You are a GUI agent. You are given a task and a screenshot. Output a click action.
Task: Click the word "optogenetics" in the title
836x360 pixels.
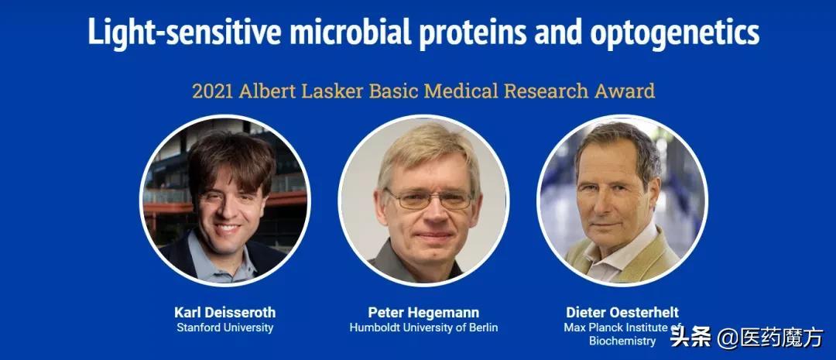pyautogui.click(x=674, y=33)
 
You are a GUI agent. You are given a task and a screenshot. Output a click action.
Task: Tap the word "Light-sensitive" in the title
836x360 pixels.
pyautogui.click(x=184, y=31)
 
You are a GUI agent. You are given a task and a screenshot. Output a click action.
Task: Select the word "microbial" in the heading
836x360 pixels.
pyautogui.click(x=351, y=31)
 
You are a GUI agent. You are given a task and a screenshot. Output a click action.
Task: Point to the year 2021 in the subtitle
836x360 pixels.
pyautogui.click(x=212, y=91)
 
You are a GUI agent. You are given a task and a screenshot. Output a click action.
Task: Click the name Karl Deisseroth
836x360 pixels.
pyautogui.click(x=225, y=313)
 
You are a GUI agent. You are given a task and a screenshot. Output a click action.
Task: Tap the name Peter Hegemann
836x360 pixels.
pyautogui.click(x=423, y=313)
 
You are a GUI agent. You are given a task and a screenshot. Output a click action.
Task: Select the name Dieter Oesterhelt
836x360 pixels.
pyautogui.click(x=622, y=313)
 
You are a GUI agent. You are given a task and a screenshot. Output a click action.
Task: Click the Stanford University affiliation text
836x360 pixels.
pyautogui.click(x=225, y=327)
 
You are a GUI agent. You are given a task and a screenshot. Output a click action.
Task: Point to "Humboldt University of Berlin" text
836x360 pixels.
pyautogui.click(x=423, y=327)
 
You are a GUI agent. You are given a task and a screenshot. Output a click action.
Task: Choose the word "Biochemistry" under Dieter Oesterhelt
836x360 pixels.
pyautogui.click(x=622, y=341)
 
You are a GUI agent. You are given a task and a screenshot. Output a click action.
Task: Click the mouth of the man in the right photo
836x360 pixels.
pyautogui.click(x=608, y=225)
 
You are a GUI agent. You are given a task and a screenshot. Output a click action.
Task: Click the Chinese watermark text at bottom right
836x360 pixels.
pyautogui.click(x=747, y=338)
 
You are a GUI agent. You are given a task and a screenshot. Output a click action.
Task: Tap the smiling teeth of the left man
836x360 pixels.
pyautogui.click(x=228, y=227)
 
